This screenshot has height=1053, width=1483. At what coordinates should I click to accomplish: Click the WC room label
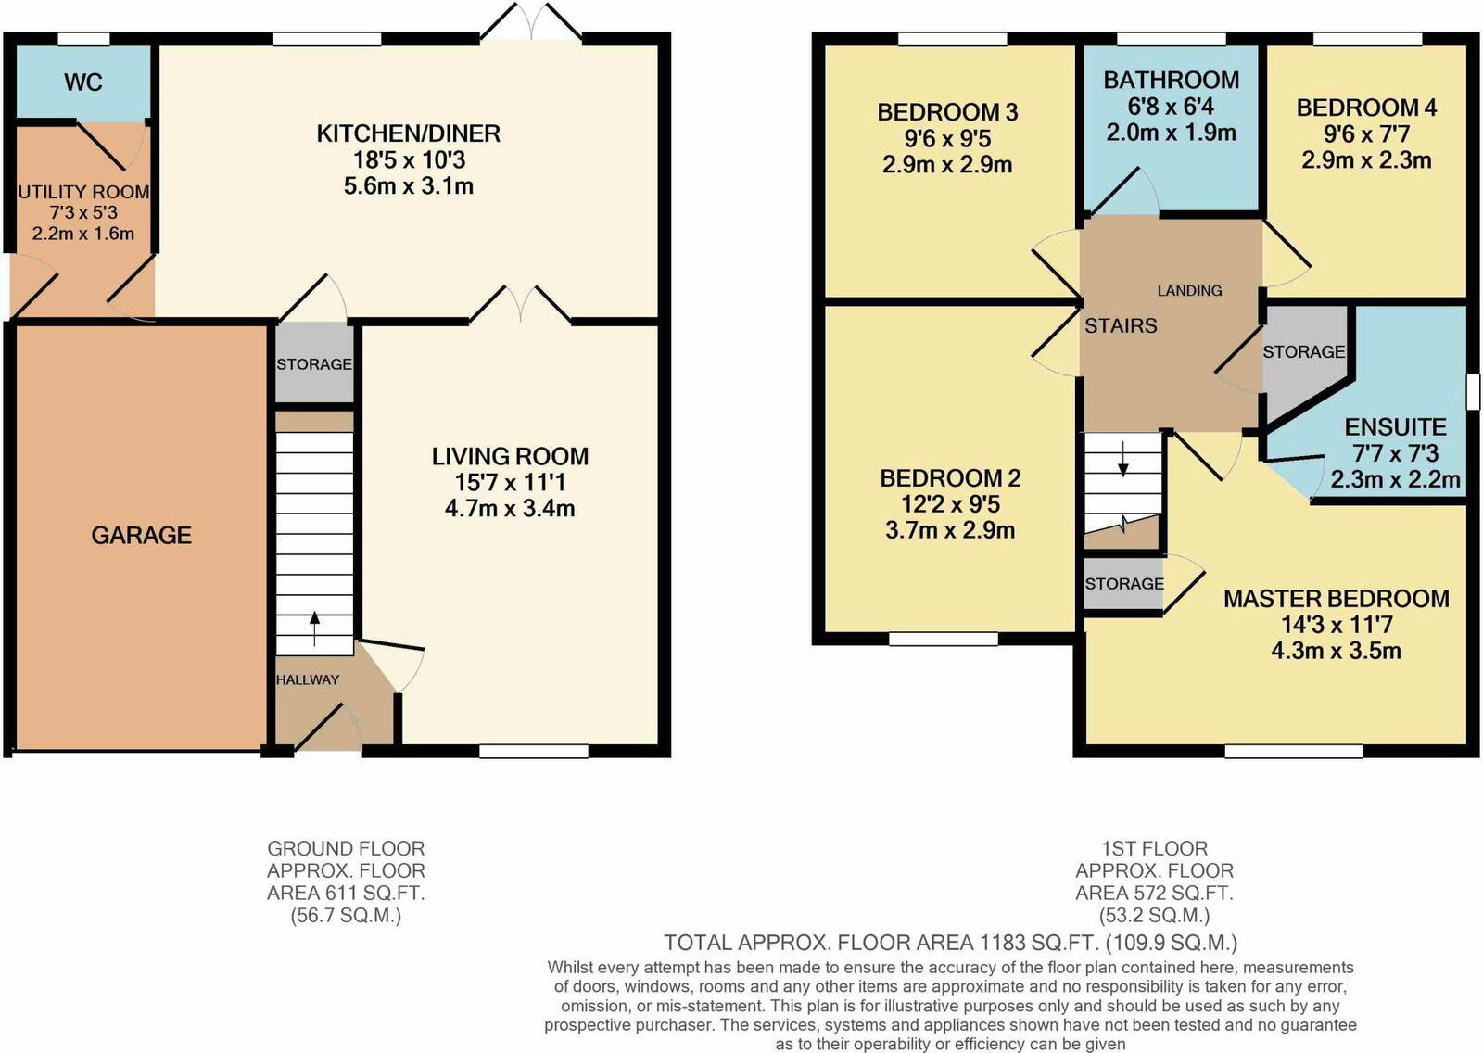click(x=82, y=82)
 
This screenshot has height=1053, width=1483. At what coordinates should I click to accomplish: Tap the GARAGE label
click(x=141, y=535)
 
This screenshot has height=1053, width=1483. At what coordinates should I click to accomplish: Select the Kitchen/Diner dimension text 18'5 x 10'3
click(x=409, y=159)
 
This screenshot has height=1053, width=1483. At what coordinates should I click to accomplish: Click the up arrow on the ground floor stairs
click(x=314, y=628)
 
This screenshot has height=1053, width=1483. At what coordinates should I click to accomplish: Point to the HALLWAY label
click(x=308, y=679)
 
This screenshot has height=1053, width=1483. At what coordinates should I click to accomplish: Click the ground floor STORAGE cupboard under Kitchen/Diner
click(x=314, y=364)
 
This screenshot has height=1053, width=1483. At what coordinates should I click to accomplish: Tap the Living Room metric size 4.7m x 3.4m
click(x=510, y=508)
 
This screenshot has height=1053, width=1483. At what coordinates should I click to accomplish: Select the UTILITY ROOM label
click(x=83, y=192)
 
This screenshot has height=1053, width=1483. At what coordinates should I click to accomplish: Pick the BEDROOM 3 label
click(x=947, y=112)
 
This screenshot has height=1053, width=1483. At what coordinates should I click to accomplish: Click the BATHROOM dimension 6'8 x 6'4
click(x=1171, y=106)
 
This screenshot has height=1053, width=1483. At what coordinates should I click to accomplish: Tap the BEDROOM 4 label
click(x=1366, y=108)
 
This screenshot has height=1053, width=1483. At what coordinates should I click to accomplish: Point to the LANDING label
click(x=1189, y=290)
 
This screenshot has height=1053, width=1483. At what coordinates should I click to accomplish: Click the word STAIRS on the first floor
click(x=1121, y=325)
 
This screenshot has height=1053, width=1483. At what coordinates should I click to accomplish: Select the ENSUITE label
click(x=1395, y=426)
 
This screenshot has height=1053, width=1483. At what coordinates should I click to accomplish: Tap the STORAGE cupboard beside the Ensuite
click(x=1303, y=352)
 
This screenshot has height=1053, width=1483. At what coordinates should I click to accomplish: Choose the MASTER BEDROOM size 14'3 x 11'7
click(x=1336, y=625)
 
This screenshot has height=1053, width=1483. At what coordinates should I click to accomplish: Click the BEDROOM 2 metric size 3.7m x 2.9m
click(x=950, y=530)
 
